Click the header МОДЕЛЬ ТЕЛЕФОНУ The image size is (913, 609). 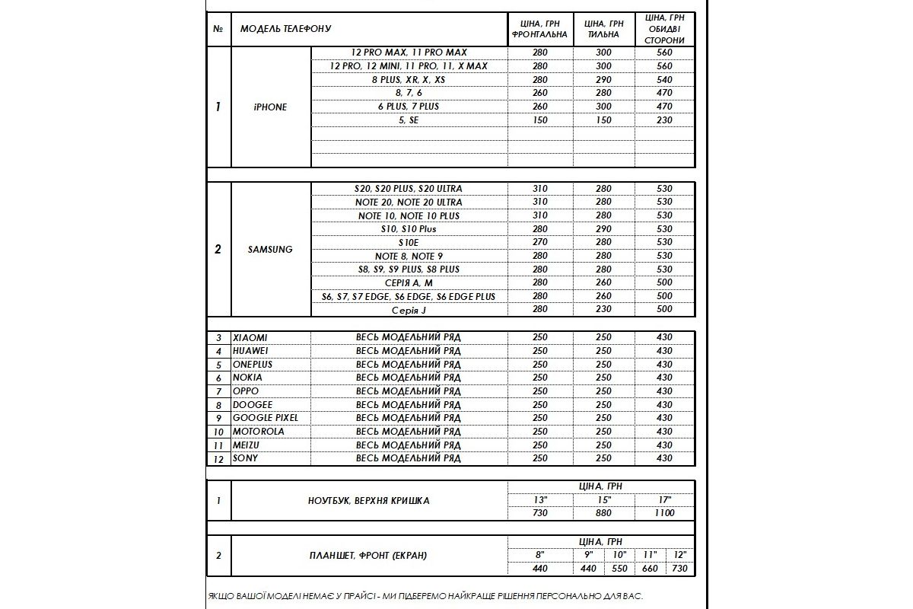(x=286, y=29)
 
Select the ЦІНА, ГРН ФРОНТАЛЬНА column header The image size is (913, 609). (x=540, y=30)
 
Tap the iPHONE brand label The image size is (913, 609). (x=270, y=107)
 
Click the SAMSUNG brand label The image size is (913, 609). (x=270, y=250)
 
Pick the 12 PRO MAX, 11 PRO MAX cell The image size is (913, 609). (x=409, y=53)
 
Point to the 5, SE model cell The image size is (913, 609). (x=409, y=120)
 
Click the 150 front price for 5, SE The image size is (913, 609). (x=540, y=120)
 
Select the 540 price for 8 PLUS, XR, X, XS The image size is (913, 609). (x=664, y=80)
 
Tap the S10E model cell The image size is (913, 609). (x=409, y=243)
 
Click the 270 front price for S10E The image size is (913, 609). (x=540, y=243)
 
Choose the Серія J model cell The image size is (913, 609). (x=409, y=310)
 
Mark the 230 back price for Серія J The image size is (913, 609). (x=603, y=310)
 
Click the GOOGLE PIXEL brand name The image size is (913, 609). (x=266, y=418)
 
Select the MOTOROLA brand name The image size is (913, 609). (x=259, y=432)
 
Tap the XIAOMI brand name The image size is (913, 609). (x=250, y=337)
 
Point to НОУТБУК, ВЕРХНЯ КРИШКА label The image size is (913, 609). (x=368, y=501)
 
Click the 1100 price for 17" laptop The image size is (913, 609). (x=664, y=514)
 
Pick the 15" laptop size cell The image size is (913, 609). (x=603, y=500)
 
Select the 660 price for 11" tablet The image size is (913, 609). (x=651, y=569)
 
